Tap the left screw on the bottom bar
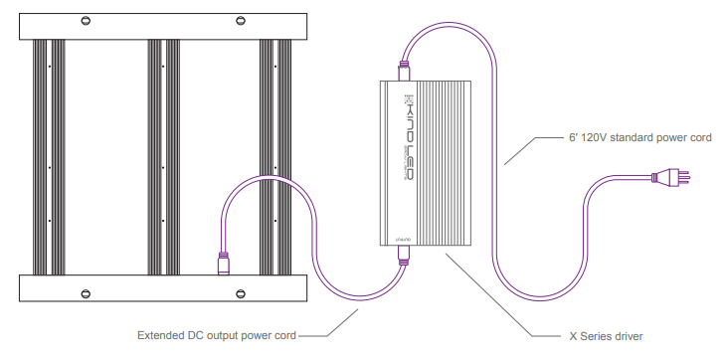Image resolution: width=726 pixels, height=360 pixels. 87,292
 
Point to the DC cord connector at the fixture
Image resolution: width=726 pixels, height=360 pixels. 225,266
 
